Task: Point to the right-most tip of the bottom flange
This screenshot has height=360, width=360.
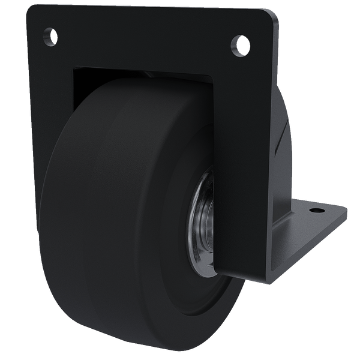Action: click(x=347, y=211)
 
